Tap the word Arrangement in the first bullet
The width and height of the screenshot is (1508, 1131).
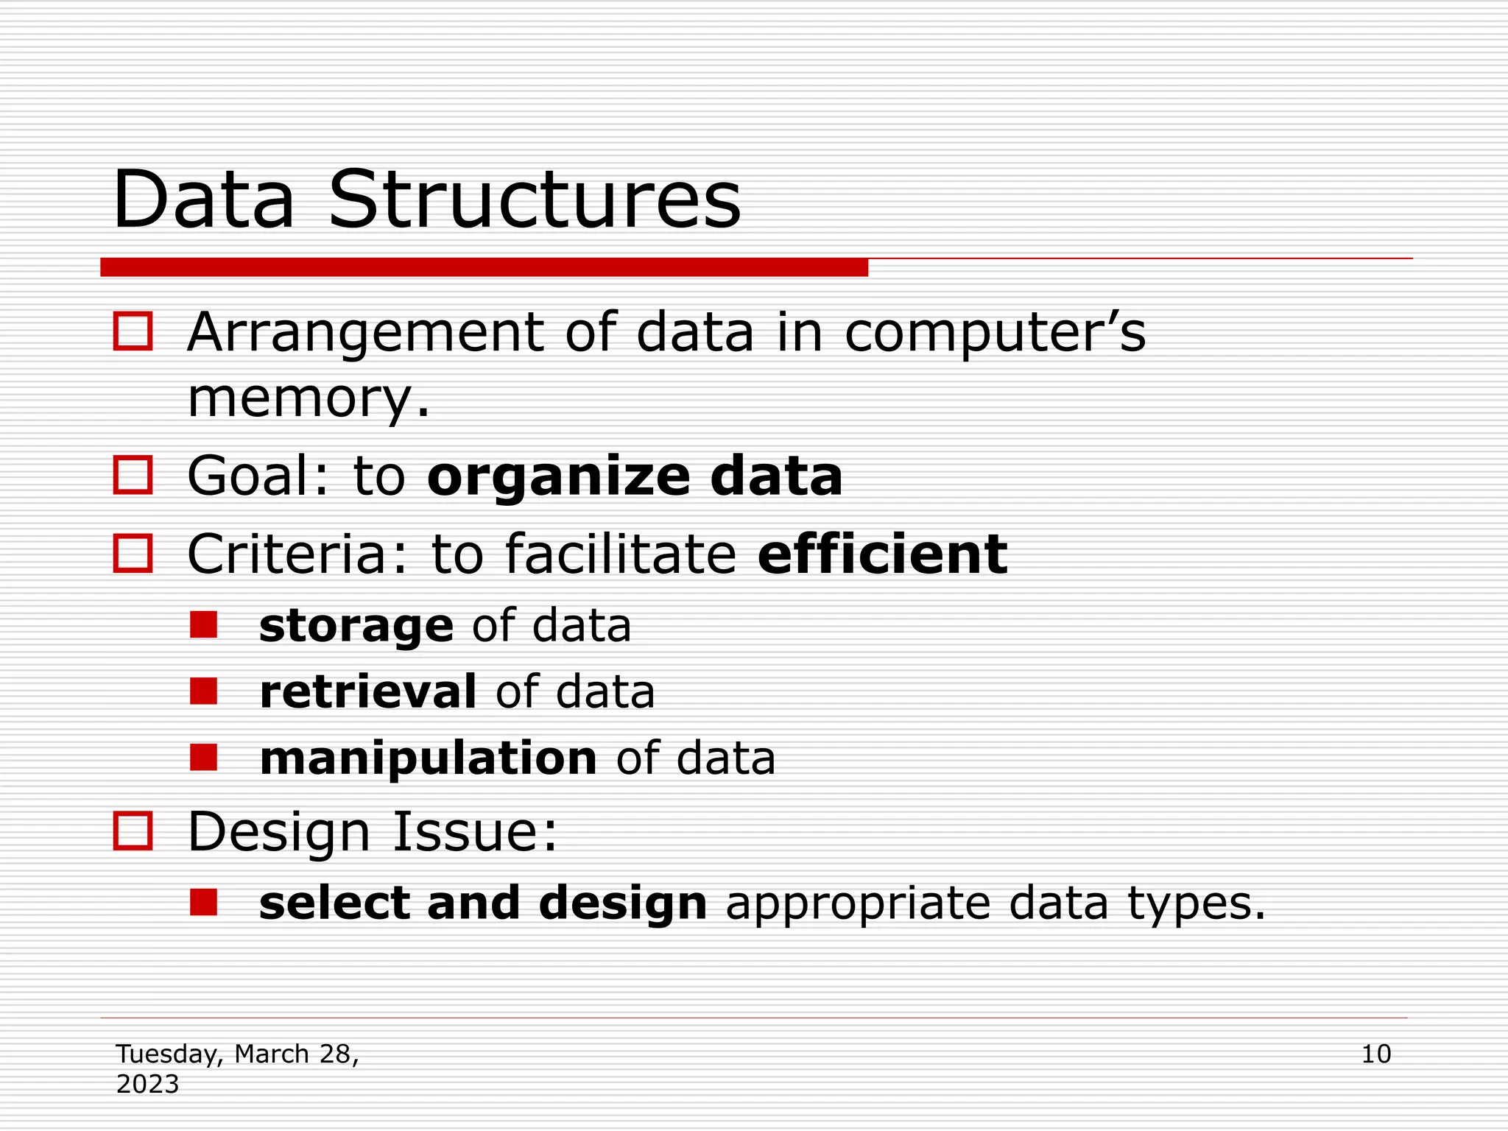click(x=364, y=333)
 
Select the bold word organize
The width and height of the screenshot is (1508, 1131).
click(x=558, y=477)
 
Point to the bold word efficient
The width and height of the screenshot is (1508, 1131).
click(x=882, y=554)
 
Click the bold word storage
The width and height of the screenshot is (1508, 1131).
click(x=356, y=626)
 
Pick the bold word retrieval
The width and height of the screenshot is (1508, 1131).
click(x=368, y=692)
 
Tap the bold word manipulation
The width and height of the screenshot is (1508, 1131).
click(x=429, y=758)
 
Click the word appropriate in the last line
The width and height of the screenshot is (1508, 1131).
click(x=858, y=904)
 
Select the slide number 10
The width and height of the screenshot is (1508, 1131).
click(x=1375, y=1054)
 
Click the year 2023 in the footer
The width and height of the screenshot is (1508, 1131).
click(x=147, y=1085)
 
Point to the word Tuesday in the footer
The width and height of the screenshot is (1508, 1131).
click(x=169, y=1054)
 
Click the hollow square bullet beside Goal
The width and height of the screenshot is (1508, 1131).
click(x=133, y=474)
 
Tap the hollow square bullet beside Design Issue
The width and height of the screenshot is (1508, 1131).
click(x=133, y=831)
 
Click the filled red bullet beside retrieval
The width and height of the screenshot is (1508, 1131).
click(x=203, y=691)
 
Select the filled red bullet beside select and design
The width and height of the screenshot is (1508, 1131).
click(x=203, y=902)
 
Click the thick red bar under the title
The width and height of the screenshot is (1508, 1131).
click(x=484, y=267)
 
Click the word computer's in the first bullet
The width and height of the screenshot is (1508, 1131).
click(x=995, y=333)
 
